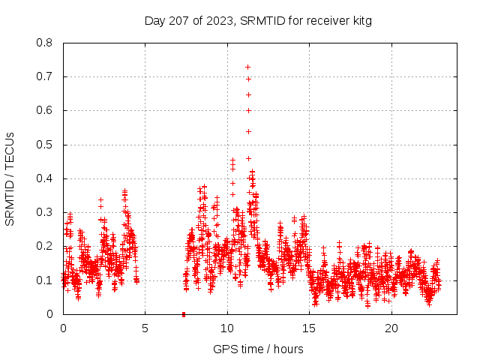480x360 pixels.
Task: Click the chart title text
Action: tap(258, 20)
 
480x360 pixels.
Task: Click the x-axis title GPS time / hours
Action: tap(258, 349)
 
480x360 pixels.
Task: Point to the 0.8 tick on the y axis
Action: tap(44, 43)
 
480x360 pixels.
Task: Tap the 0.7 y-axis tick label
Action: tap(44, 76)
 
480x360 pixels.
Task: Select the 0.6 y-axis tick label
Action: tap(44, 110)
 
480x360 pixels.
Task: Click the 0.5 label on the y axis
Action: tap(44, 145)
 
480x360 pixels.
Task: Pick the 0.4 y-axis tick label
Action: tap(44, 178)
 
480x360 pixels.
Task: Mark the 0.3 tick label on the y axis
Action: tap(44, 212)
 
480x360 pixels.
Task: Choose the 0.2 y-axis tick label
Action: tap(44, 246)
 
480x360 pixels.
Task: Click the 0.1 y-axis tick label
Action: tap(44, 280)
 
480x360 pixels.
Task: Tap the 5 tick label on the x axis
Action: tap(145, 328)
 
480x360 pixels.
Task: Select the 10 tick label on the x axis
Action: tap(227, 328)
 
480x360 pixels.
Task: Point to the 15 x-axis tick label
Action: tap(309, 328)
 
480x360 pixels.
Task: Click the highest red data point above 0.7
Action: tap(247, 67)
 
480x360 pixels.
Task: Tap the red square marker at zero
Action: tap(184, 313)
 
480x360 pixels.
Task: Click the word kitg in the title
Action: tap(360, 20)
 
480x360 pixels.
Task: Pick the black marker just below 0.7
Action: tap(248, 79)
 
